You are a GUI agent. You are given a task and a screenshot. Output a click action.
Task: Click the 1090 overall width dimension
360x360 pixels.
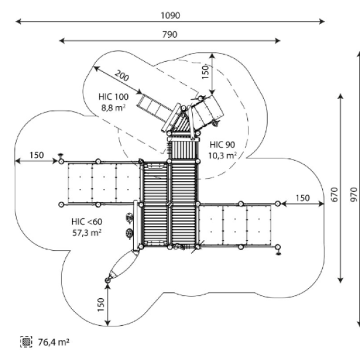click(170, 16)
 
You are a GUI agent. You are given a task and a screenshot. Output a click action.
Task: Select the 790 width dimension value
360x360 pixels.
click(170, 35)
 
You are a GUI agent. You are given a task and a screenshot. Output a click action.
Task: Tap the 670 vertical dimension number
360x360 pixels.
click(335, 194)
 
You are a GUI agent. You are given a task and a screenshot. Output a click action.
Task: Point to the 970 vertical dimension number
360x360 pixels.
click(354, 194)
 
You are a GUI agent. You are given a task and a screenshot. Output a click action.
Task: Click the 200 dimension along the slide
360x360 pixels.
click(122, 76)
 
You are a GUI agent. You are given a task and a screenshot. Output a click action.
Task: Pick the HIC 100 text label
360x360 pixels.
click(113, 97)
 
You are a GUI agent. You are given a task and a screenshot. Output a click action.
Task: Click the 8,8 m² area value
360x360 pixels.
click(113, 107)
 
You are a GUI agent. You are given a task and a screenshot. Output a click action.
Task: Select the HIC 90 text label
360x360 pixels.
click(222, 145)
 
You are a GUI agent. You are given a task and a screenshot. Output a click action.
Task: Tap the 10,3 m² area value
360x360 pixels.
click(222, 155)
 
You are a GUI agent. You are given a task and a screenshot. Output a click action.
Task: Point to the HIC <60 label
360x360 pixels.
click(87, 222)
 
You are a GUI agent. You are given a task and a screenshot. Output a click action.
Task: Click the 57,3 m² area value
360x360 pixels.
click(87, 233)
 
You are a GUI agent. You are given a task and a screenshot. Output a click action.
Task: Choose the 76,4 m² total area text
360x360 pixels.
click(53, 342)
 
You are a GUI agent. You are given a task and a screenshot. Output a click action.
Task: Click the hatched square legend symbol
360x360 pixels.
click(26, 342)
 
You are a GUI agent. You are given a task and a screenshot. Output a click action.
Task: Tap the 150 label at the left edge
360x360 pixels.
click(37, 155)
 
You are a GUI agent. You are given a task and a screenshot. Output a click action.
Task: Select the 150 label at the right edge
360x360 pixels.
click(302, 198)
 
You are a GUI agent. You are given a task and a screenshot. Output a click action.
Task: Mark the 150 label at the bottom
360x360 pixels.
click(101, 305)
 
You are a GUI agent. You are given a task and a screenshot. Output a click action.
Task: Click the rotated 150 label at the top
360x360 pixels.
click(205, 72)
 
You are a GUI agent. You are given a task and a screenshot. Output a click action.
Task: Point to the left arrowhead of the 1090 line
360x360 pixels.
click(18, 22)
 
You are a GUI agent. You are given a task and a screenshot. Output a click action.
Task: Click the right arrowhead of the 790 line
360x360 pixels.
click(278, 41)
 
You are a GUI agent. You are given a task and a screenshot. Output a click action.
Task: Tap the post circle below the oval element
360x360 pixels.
click(107, 280)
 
